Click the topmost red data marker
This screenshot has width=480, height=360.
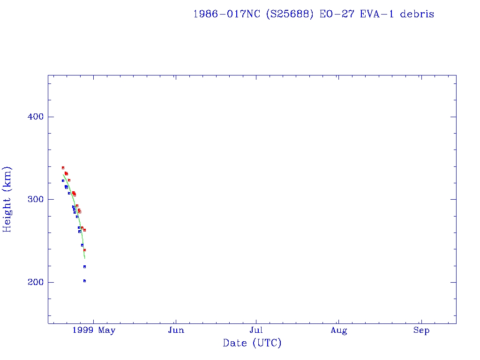pos(63,168)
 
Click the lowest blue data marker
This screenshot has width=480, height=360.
pos(84,281)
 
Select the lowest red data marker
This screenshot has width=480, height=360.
pos(84,250)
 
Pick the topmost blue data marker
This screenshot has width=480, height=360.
pos(63,180)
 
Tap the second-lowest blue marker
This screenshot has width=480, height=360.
pos(84,267)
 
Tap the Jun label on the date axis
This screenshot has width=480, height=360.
pos(176,330)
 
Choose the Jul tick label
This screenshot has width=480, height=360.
pos(256,330)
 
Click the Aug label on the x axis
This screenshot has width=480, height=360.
pos(338,330)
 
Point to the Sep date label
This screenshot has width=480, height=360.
pos(421,330)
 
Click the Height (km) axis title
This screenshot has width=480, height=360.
pos(7,199)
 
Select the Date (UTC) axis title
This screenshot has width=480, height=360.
pos(252,343)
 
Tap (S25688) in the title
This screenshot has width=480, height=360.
pos(290,14)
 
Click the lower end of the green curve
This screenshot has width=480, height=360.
pos(84,258)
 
